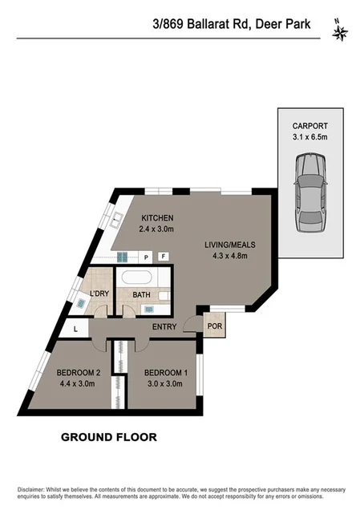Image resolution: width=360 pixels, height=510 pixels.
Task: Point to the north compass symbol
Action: click(x=341, y=33)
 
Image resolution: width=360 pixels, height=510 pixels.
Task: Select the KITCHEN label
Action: click(x=157, y=219)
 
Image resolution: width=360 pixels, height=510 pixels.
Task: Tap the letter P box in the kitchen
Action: click(x=147, y=257)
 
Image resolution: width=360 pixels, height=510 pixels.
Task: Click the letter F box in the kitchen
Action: click(x=163, y=257)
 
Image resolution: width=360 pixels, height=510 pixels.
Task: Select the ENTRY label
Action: click(x=165, y=326)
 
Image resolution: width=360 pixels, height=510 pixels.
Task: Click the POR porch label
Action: click(x=214, y=326)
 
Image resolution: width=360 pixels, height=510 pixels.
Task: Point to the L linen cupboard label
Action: click(x=75, y=329)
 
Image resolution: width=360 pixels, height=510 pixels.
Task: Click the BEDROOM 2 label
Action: click(x=79, y=372)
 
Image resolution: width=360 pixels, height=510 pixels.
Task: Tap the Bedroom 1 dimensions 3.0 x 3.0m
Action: click(x=165, y=383)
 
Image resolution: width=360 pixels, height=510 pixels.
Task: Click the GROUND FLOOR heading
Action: click(x=109, y=437)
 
